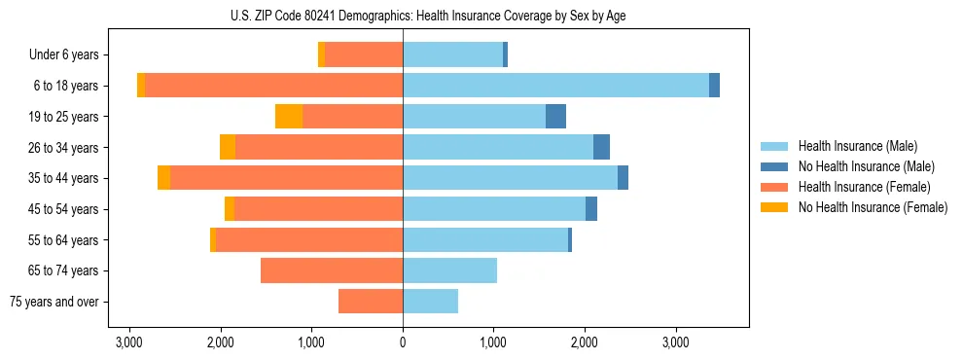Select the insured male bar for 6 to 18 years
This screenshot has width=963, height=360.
pyautogui.click(x=555, y=86)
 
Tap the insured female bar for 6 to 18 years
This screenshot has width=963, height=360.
pyautogui.click(x=273, y=86)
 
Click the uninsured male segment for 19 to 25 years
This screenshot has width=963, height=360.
pyautogui.click(x=555, y=117)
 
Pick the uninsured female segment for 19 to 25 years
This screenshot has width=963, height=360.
pyautogui.click(x=289, y=117)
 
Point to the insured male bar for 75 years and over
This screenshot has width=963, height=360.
pyautogui.click(x=430, y=302)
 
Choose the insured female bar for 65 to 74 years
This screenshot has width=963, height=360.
pyautogui.click(x=332, y=270)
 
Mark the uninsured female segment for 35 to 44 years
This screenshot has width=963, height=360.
pyautogui.click(x=163, y=178)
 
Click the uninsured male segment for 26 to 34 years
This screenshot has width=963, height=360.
pyautogui.click(x=601, y=147)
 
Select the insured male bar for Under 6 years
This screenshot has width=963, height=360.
pyautogui.click(x=452, y=54)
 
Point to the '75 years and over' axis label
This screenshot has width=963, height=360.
pyautogui.click(x=53, y=302)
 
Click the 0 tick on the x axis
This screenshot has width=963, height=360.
pyautogui.click(x=403, y=342)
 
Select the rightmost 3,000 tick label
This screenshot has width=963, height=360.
pyautogui.click(x=676, y=342)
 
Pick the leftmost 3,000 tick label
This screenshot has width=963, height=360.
pyautogui.click(x=129, y=342)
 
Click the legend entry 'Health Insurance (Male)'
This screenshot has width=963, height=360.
pyautogui.click(x=857, y=146)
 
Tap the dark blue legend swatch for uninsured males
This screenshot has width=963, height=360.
pyautogui.click(x=774, y=166)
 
